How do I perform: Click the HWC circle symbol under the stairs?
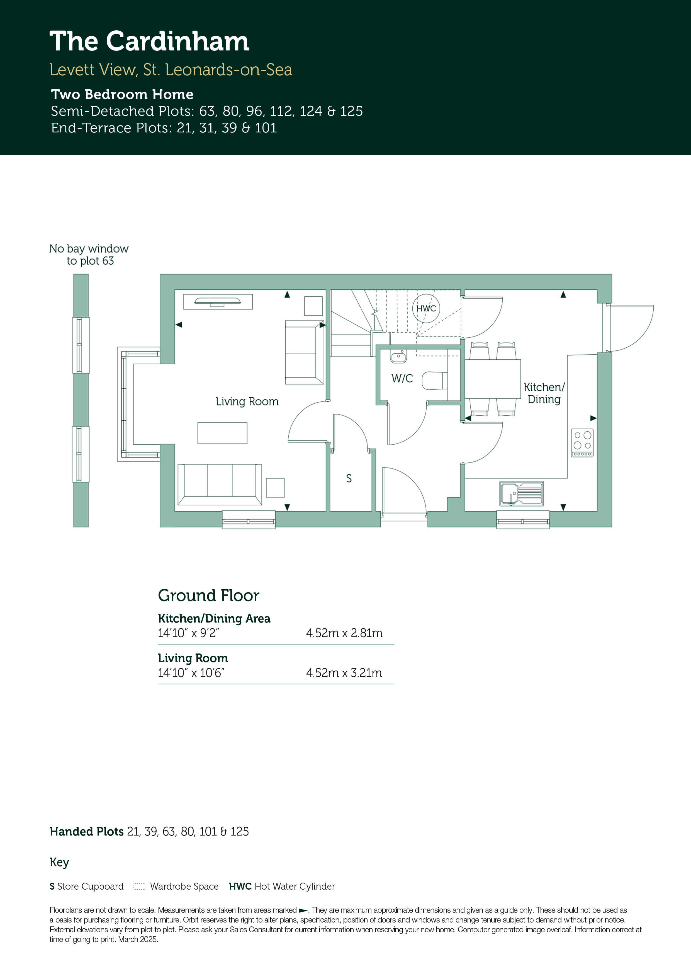click(426, 308)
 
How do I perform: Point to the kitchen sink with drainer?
click(522, 494)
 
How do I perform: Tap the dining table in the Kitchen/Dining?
click(493, 379)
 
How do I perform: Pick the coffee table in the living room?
click(222, 433)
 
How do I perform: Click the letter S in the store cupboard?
click(349, 478)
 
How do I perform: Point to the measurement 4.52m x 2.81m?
click(344, 633)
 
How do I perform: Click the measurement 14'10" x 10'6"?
click(191, 673)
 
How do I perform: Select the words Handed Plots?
click(86, 831)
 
